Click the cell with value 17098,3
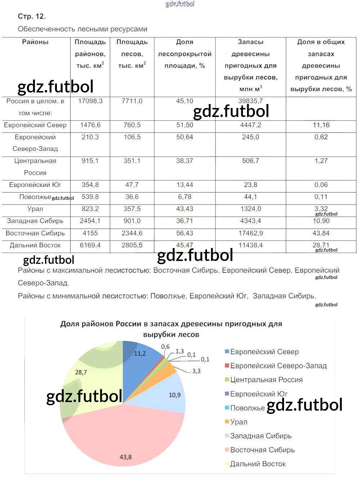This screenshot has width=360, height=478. tap(90, 101)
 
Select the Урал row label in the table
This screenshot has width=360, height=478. tap(35, 209)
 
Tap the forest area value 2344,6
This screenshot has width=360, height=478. tap(132, 233)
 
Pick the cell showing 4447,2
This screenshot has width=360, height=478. tap(251, 125)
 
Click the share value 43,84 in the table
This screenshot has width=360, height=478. tap(321, 233)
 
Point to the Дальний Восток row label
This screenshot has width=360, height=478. tap(35, 245)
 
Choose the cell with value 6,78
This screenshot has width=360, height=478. tap(185, 197)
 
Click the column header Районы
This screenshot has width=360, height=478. tap(35, 42)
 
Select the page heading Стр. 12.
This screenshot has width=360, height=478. tap(32, 16)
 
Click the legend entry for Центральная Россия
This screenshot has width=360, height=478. tap(266, 380)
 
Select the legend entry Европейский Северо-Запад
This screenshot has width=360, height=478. tap(278, 366)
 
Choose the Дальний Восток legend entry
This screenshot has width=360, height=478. tap(258, 464)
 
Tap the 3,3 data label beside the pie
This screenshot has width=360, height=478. tap(196, 371)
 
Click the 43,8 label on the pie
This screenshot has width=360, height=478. tap(126, 457)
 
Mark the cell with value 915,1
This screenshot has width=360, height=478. tap(90, 161)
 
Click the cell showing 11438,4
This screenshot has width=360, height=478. tap(251, 245)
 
